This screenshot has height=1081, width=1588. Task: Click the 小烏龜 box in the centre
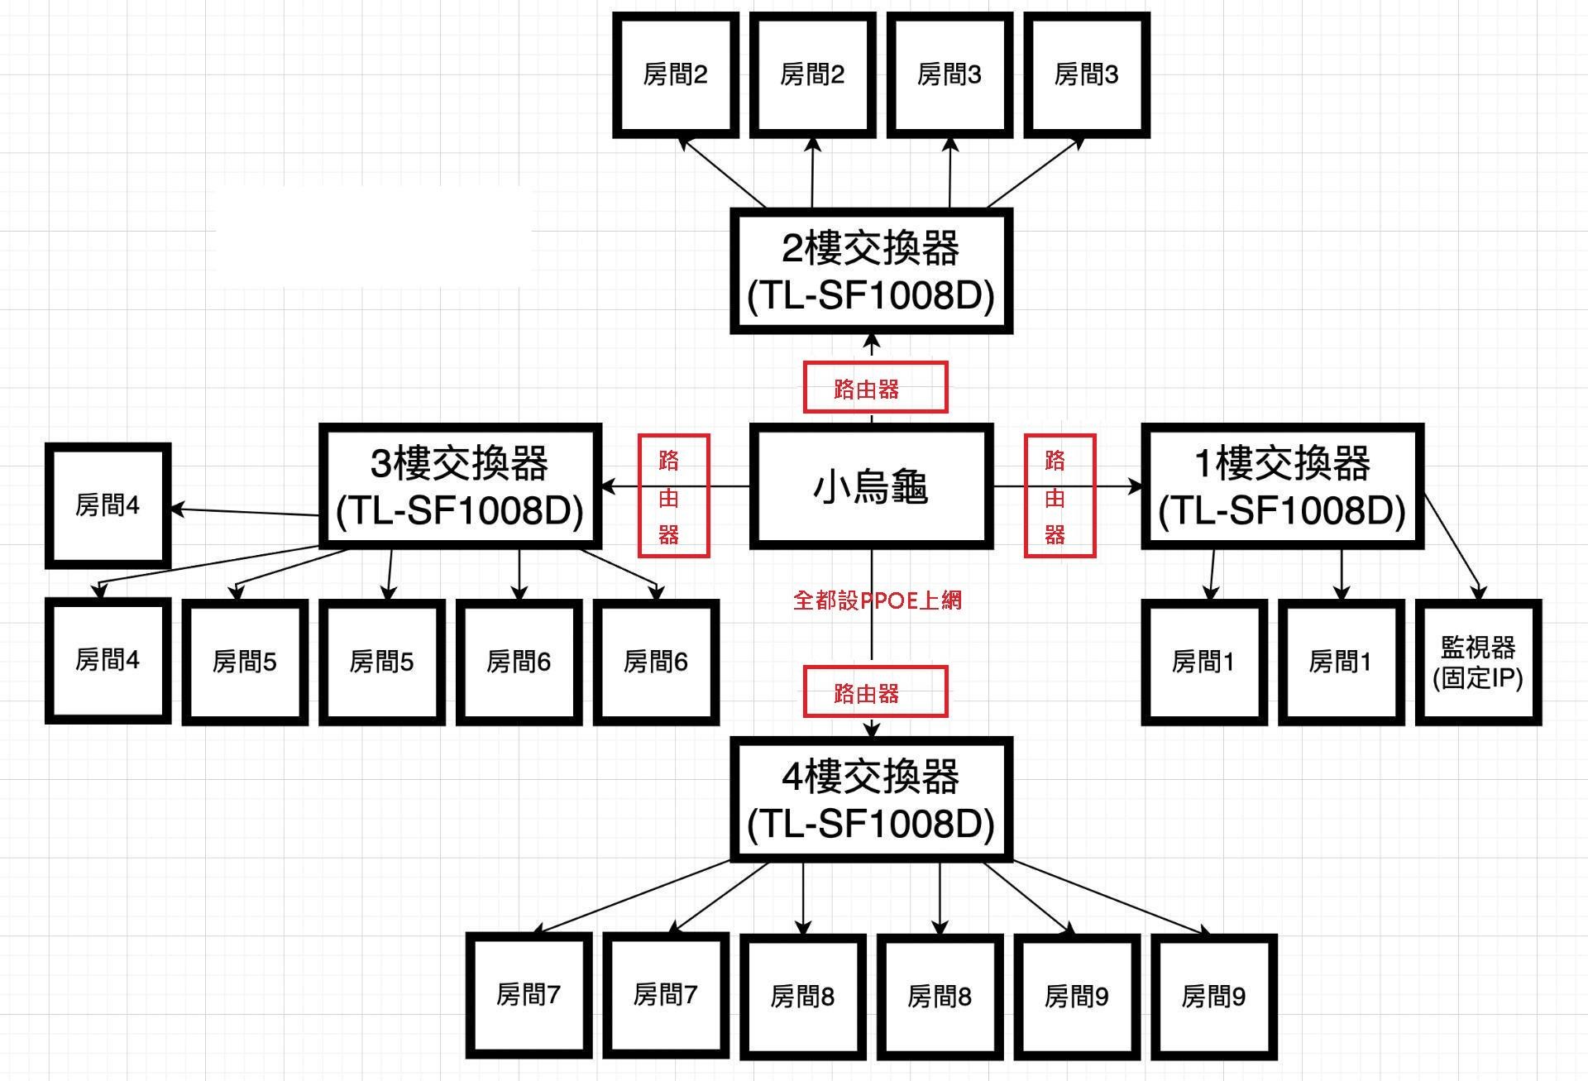[871, 486]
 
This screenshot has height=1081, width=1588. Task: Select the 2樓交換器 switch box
[871, 271]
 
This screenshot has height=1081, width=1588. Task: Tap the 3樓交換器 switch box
[460, 486]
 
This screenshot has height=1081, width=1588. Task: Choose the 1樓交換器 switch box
[1282, 486]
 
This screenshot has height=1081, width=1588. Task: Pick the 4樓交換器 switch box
[871, 799]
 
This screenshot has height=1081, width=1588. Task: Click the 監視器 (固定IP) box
[1478, 662]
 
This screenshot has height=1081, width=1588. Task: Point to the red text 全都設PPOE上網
[878, 600]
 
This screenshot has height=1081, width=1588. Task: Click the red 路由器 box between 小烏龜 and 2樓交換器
[875, 387]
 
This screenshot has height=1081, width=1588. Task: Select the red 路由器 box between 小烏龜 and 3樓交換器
[673, 495]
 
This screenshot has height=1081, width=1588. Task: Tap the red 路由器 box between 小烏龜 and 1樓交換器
[1059, 495]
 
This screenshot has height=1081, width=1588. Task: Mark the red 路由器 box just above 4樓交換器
[875, 691]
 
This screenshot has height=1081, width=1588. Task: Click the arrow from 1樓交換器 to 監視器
[1452, 546]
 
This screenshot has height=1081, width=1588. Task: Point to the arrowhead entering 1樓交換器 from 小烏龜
[1134, 486]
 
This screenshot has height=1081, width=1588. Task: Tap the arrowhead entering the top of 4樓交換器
[872, 729]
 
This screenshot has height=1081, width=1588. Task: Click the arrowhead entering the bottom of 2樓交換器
[872, 342]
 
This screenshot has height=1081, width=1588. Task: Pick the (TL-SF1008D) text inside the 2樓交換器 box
[871, 296]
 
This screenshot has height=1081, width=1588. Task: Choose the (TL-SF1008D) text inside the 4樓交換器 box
[871, 824]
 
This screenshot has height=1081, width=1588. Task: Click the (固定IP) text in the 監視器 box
[1478, 678]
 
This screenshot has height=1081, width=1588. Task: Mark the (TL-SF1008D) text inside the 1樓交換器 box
[1282, 511]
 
